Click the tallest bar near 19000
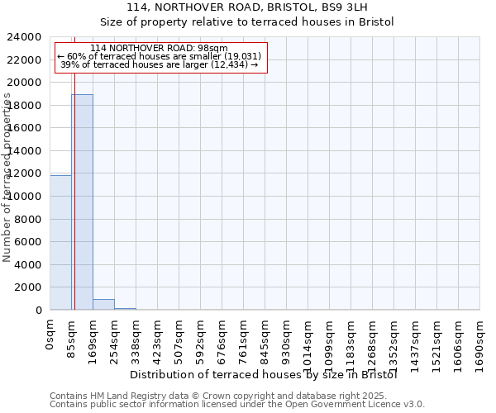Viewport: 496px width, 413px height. [82, 202]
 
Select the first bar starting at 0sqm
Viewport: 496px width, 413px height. [60, 243]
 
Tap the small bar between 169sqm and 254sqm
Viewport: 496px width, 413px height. [103, 305]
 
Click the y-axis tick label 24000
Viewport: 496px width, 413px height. [25, 37]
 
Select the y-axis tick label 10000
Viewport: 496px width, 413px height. [25, 197]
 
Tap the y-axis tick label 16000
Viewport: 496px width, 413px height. [25, 128]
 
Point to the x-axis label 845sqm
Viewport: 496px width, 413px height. [265, 338]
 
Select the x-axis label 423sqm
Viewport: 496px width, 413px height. [157, 338]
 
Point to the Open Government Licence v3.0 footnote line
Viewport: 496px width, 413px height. [237, 405]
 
